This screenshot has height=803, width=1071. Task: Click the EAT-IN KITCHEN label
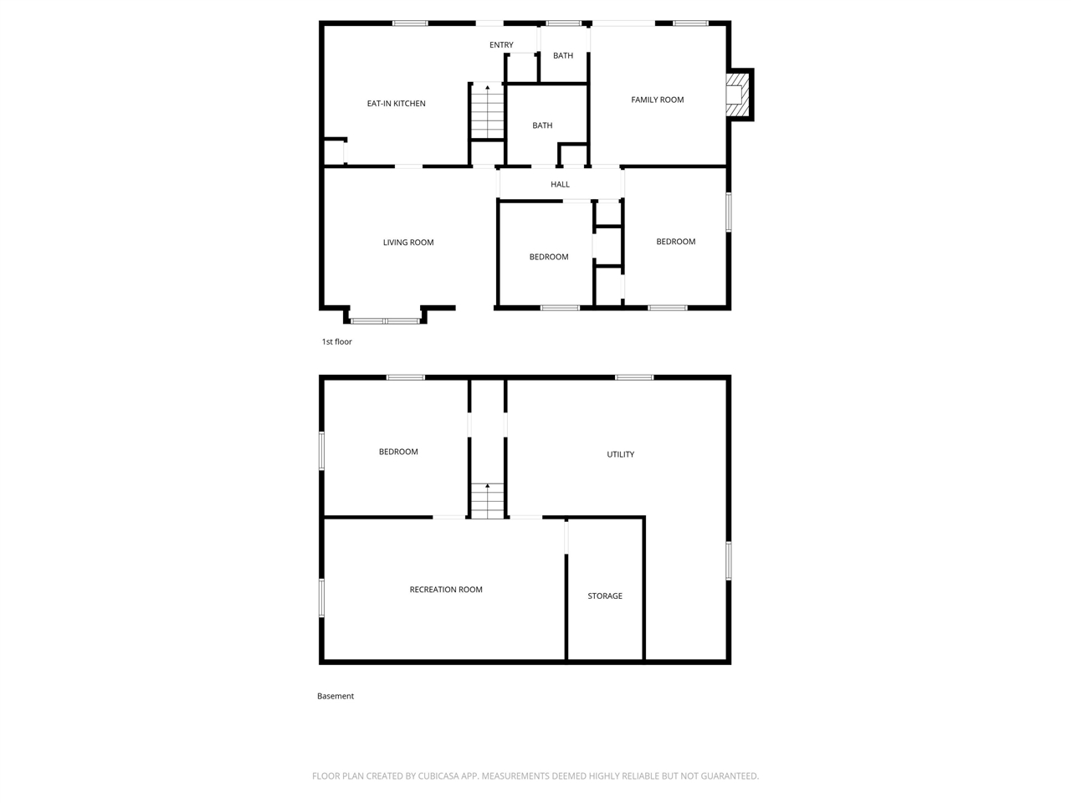point(397,104)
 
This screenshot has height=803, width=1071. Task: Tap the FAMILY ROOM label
point(657,100)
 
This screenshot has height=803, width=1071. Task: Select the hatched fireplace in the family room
point(737,95)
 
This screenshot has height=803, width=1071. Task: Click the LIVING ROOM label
point(408,243)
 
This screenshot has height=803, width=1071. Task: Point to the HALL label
point(560,184)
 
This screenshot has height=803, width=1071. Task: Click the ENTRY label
point(501,45)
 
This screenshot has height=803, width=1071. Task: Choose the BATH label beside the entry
point(563,56)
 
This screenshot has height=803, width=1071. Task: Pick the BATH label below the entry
point(542,125)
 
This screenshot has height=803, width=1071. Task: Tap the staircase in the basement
point(487,501)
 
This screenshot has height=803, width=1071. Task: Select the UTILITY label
point(621,454)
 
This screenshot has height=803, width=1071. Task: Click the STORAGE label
point(605,596)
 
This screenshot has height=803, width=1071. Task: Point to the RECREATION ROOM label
point(446,590)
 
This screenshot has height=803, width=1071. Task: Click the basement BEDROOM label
point(398,452)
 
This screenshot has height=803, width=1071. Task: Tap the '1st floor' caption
point(337,341)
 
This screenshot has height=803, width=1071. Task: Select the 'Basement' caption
point(336,696)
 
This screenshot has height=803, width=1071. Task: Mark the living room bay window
point(385,320)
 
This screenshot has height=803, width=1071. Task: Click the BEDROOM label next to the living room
point(549,257)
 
